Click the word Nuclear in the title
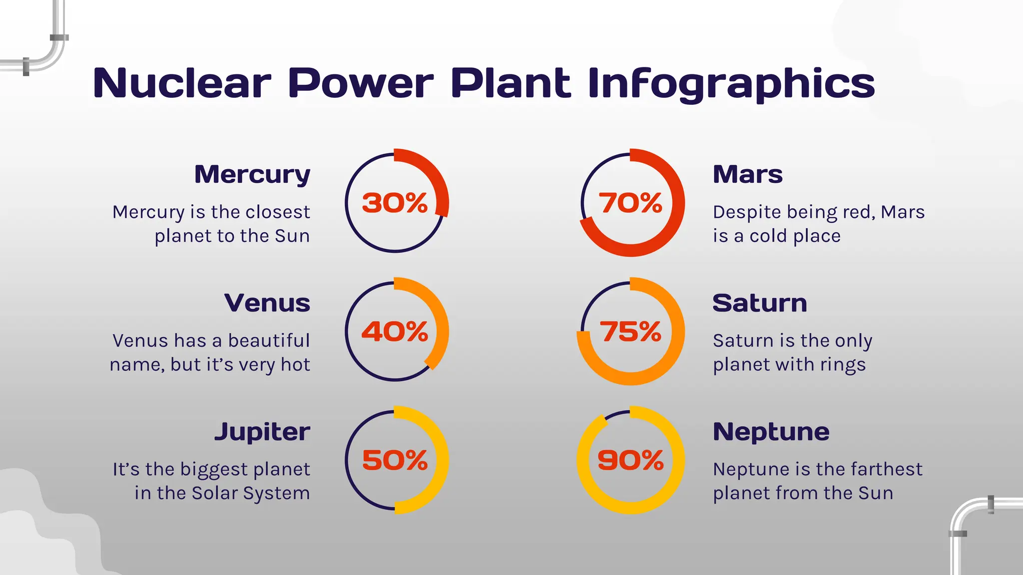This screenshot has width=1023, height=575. [x=182, y=83]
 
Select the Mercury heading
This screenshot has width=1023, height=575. [x=252, y=175]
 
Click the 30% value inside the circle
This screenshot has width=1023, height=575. [x=395, y=203]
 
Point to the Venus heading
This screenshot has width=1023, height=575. [x=267, y=303]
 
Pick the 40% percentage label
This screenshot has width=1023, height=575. [x=395, y=332]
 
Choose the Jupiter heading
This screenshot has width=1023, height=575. [x=262, y=432]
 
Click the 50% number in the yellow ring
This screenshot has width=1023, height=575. [x=395, y=460]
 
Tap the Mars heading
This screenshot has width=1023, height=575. [x=747, y=175]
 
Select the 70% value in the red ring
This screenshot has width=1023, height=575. [x=630, y=203]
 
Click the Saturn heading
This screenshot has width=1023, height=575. [x=759, y=303]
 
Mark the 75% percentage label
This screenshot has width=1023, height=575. [x=630, y=332]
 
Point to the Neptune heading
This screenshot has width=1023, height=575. [x=771, y=432]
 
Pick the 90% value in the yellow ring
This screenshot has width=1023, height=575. [x=630, y=460]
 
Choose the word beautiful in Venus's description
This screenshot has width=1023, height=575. [x=269, y=341]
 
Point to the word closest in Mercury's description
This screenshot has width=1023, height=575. [x=278, y=212]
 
